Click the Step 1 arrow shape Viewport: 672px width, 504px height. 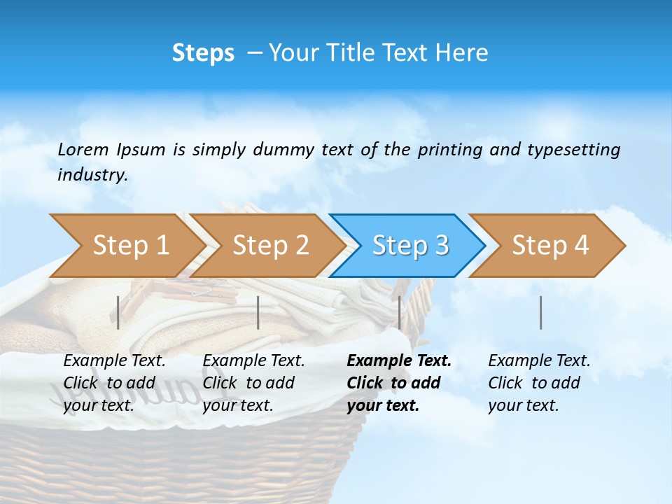[126, 246]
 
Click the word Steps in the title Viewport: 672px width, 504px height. [203, 53]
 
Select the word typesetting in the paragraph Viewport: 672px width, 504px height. [573, 150]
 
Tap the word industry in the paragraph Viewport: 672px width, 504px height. [92, 175]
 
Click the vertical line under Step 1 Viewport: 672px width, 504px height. [118, 312]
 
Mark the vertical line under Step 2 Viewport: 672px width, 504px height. [258, 312]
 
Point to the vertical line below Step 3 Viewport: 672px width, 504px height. [400, 312]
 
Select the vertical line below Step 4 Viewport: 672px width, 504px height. [541, 312]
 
